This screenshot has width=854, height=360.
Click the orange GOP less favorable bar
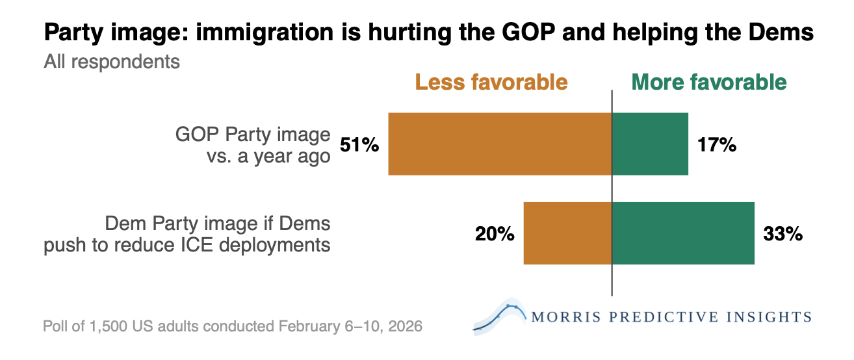tap(500, 144)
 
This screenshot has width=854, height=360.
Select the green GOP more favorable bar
tap(650, 144)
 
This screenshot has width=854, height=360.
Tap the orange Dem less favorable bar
tap(567, 233)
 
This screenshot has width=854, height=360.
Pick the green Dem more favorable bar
tap(683, 233)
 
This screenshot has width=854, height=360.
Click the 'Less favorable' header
tap(491, 83)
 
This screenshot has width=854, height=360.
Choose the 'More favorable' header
tap(709, 83)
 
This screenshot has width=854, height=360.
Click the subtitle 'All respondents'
tap(111, 62)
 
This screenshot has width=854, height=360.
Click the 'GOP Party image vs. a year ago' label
tap(253, 146)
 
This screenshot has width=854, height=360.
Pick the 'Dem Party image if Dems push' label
tap(187, 234)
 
